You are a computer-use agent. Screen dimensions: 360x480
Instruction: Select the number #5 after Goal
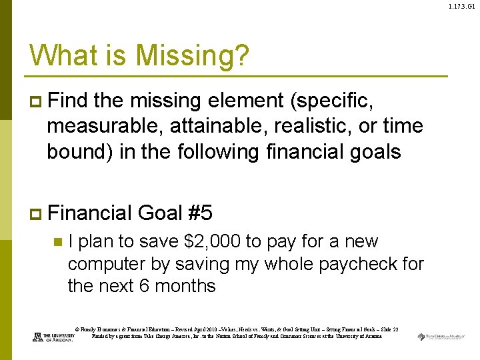tap(201, 213)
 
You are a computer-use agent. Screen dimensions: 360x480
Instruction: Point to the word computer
tap(110, 264)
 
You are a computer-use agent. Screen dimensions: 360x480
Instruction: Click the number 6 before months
tap(145, 287)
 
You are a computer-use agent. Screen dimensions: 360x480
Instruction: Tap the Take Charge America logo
tap(441, 336)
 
